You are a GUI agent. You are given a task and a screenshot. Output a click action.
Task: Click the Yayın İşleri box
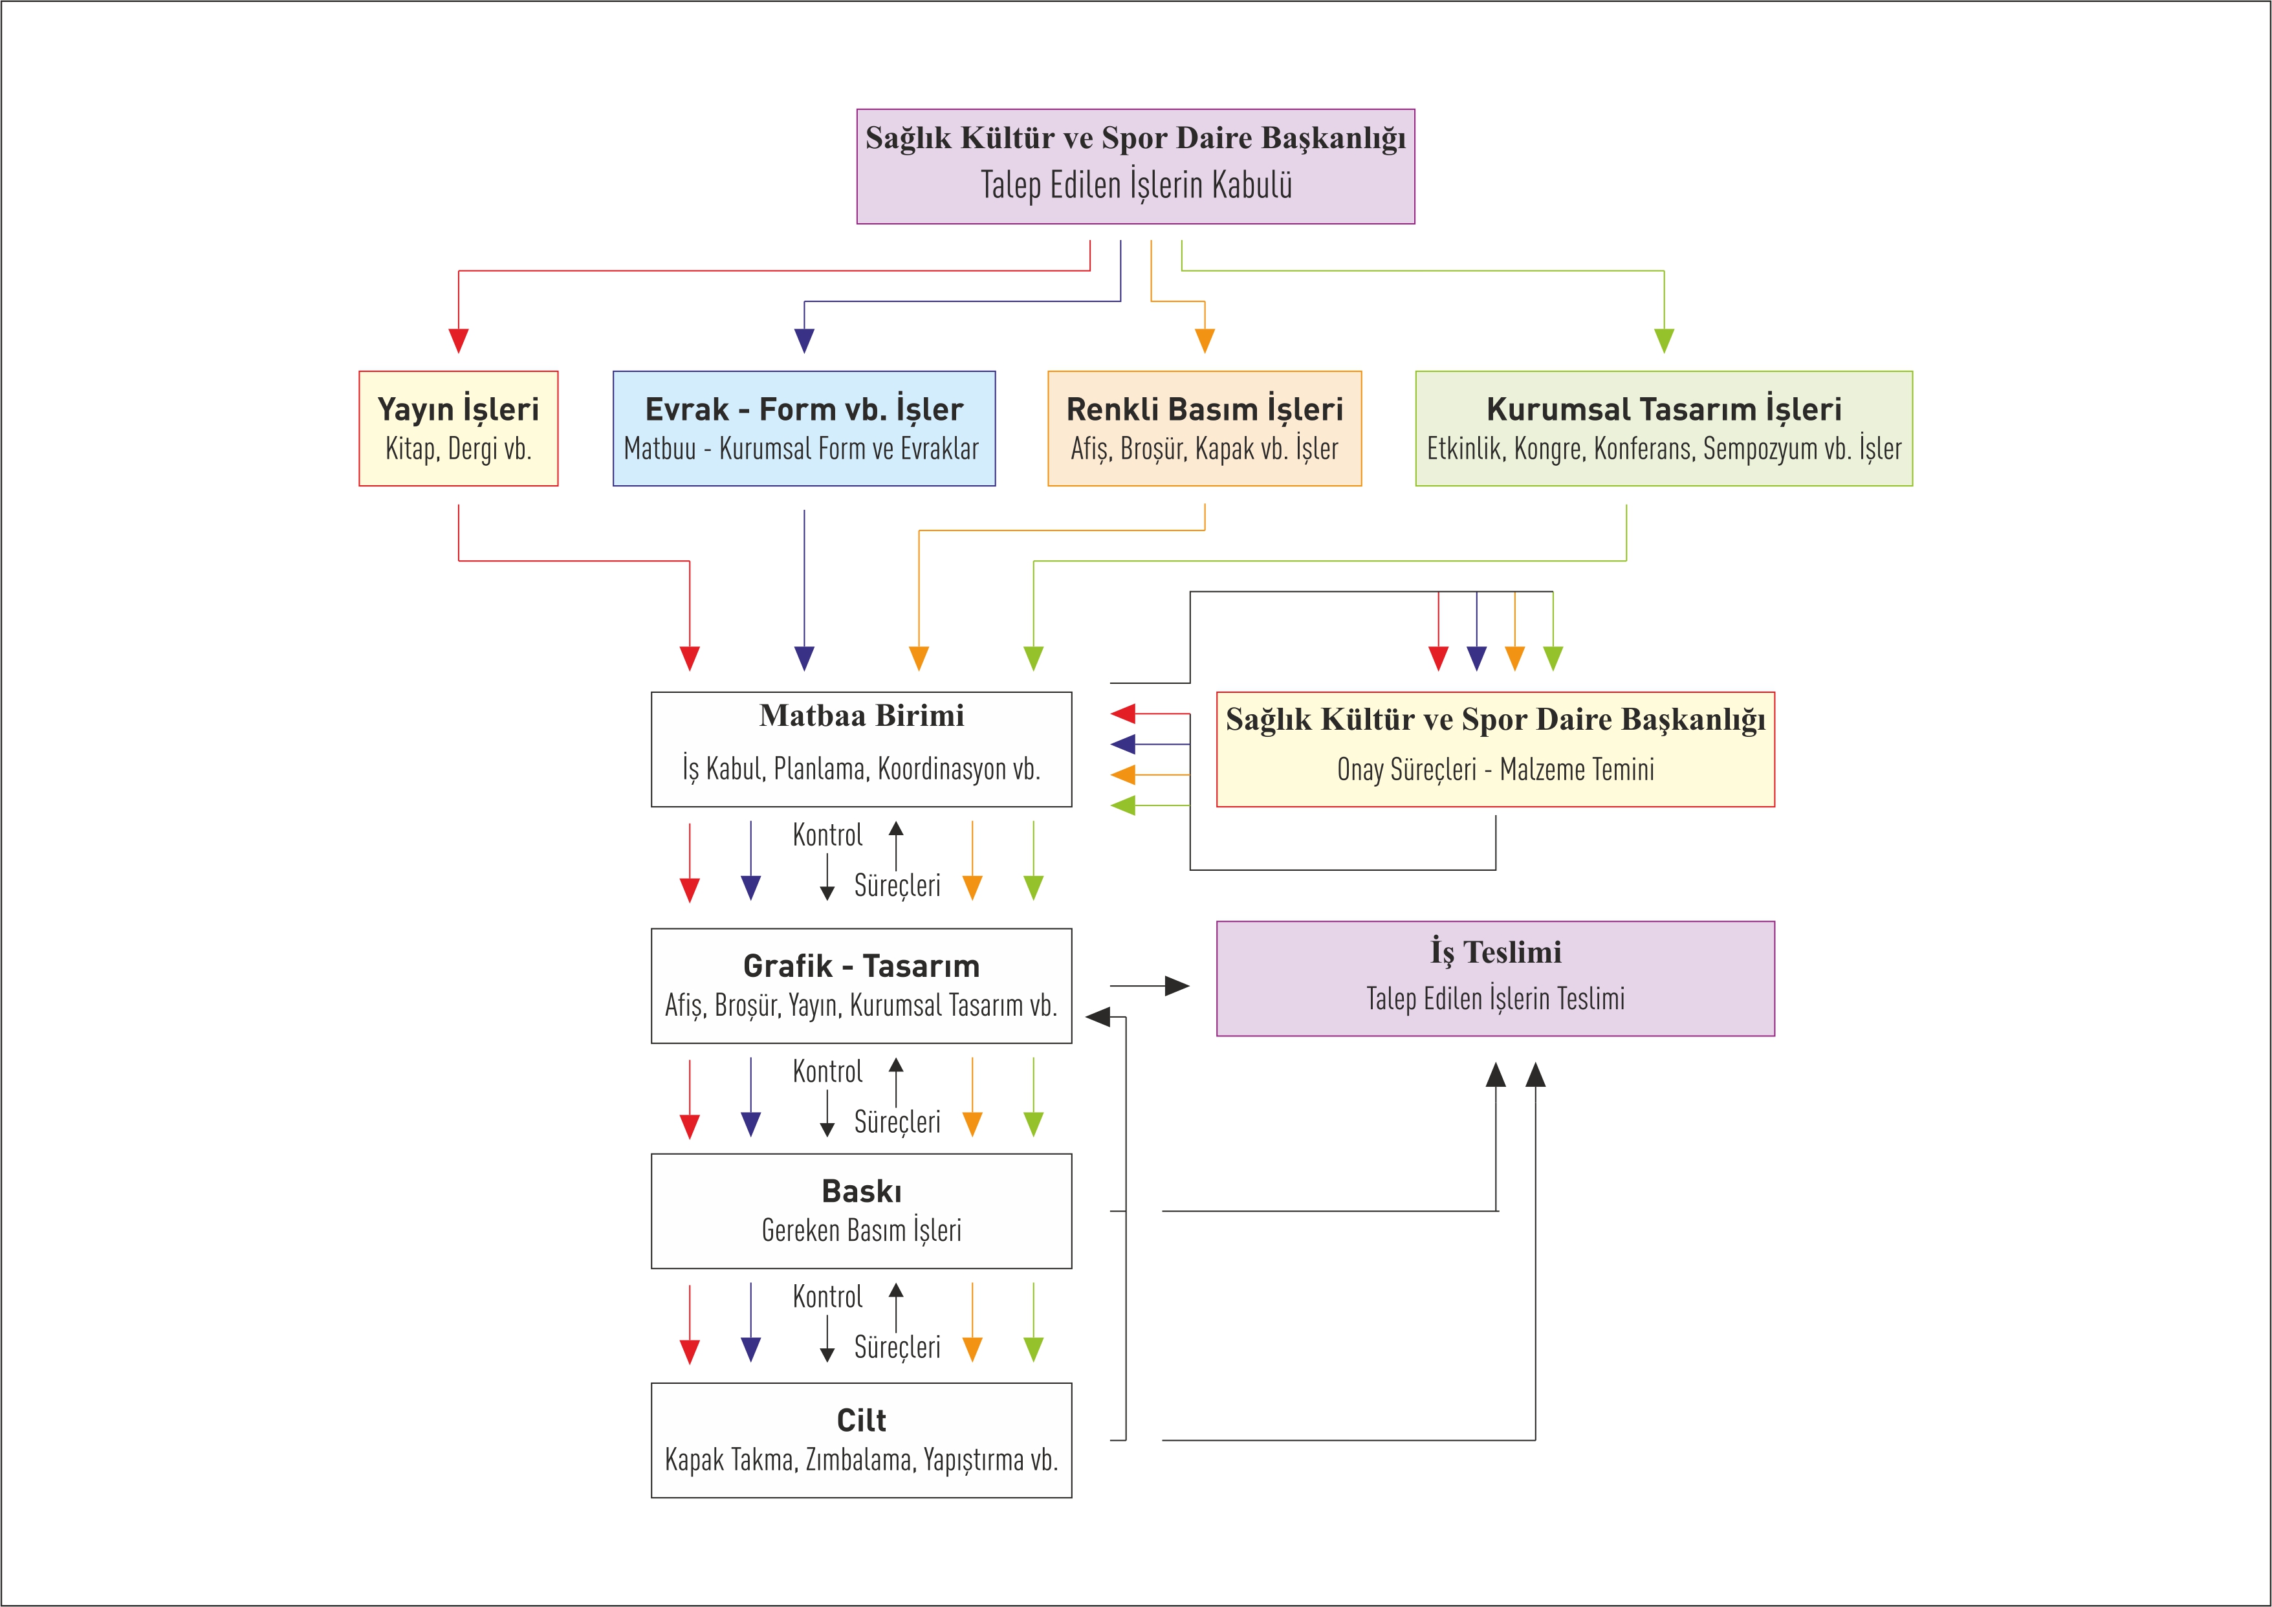coord(458,428)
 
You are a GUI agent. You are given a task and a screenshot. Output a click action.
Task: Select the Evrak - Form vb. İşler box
coord(803,428)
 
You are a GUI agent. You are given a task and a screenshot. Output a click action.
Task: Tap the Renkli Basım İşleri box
coord(1205,428)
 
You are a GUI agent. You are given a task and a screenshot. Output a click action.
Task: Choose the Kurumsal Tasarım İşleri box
coord(1663,428)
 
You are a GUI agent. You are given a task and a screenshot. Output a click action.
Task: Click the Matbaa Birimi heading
coord(861,716)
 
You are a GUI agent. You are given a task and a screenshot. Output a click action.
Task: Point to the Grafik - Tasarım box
coord(861,985)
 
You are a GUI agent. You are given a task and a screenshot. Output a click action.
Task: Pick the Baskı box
coord(861,1211)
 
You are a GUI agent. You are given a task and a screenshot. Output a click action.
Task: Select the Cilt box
coord(861,1440)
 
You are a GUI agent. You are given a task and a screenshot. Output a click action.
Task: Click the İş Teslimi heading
coord(1495,952)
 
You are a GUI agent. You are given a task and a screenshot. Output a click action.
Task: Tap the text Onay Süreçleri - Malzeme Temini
coord(1495,770)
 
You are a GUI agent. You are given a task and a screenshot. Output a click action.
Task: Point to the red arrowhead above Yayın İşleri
coord(458,340)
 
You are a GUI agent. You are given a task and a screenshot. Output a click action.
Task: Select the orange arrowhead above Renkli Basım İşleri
coord(1205,340)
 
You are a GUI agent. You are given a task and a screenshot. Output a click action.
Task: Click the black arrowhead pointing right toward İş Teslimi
coord(1177,985)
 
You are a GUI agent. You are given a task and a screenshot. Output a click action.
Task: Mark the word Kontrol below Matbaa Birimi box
coord(827,835)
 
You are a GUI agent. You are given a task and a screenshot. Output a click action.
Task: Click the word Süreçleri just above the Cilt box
coord(897,1348)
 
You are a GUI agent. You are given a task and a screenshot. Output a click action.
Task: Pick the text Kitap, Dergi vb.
coord(458,449)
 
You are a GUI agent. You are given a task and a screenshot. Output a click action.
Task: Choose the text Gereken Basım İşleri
coord(861,1231)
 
